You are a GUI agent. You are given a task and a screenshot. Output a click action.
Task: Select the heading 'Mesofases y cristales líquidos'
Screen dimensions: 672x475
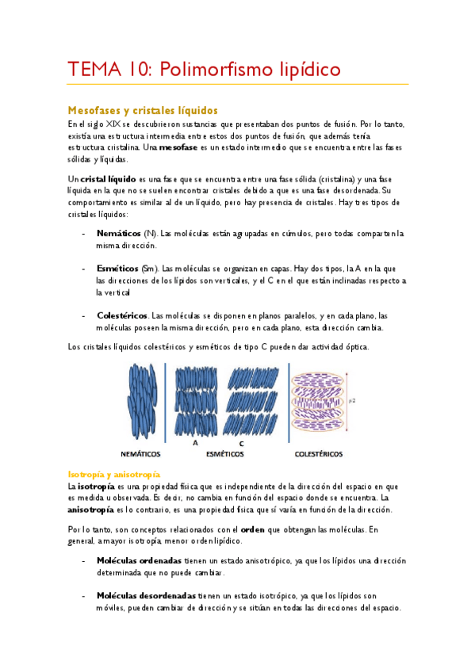coord(143,109)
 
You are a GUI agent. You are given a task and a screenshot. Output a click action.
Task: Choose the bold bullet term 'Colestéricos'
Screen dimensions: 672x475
coord(122,315)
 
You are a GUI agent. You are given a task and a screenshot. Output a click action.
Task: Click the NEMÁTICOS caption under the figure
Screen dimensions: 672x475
coord(140,454)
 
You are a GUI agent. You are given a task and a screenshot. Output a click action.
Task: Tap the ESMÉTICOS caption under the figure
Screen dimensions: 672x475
coord(224,454)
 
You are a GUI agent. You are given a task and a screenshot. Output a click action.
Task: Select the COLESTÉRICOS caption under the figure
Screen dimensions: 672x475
coord(319,454)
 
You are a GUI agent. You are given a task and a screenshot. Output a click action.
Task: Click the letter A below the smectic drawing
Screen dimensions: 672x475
coord(195,443)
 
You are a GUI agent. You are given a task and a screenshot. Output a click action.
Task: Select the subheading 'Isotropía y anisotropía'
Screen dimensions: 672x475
coord(114,473)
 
